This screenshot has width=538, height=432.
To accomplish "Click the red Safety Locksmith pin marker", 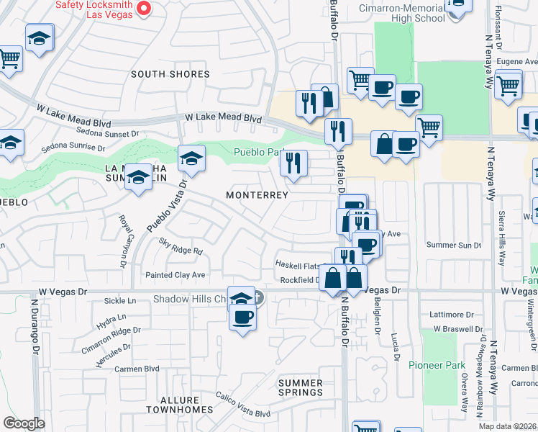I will coord(143,9).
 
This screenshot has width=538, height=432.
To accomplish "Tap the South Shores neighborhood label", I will coord(170,74).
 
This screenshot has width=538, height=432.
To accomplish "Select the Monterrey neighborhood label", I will coord(257,195).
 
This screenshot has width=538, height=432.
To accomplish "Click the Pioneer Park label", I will coord(437,365).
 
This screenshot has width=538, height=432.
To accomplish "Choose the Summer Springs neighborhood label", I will coord(301,387).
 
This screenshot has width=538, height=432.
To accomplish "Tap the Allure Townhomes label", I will coord(179,404).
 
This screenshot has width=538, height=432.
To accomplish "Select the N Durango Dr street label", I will coord(34,327).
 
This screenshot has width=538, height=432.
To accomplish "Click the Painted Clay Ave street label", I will coord(175,275).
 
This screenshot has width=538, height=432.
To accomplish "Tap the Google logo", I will coord(24,423).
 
